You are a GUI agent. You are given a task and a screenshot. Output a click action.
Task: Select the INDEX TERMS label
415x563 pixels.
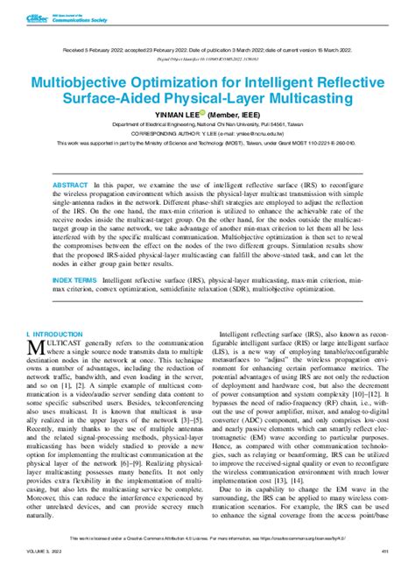point(74,280)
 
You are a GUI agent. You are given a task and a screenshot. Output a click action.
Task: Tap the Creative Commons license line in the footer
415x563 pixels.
point(207,539)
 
